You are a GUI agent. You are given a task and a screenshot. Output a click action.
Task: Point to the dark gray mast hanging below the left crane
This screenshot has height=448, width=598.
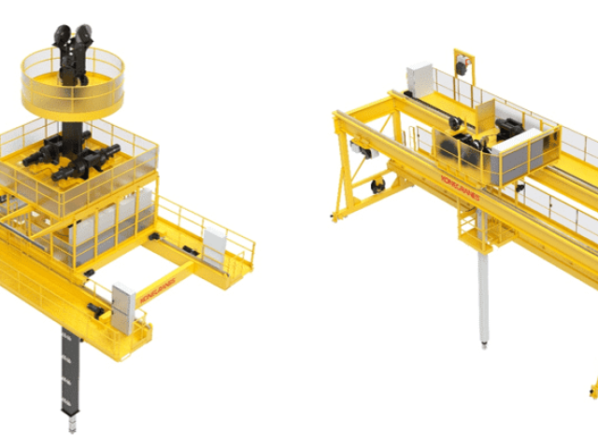coord(66,373)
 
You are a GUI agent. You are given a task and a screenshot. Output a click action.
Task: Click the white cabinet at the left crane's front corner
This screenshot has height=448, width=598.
coord(121,306)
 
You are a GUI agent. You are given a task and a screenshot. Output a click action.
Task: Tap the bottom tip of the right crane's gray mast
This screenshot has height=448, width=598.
coord(485,347)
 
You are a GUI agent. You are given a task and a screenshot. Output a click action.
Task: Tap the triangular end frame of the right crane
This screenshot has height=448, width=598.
coord(355,168)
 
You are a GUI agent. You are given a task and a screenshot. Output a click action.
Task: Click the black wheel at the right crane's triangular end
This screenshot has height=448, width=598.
coord(377,186)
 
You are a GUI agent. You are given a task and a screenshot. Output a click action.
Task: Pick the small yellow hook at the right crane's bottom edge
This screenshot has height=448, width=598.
coord(592,385)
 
